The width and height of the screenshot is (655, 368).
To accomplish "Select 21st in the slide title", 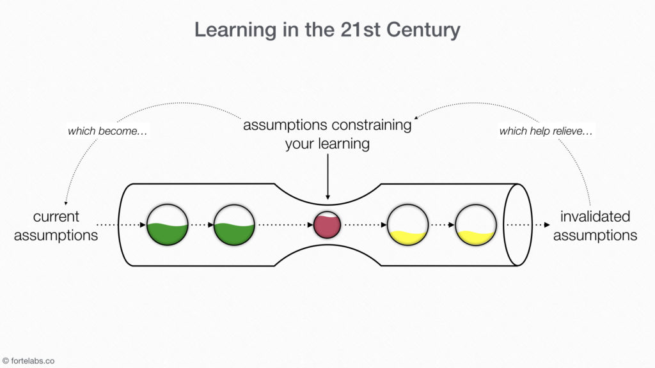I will coord(358,30).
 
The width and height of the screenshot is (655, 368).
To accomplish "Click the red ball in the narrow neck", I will coord(327,225).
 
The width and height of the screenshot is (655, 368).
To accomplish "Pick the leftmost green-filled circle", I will coord(167,225).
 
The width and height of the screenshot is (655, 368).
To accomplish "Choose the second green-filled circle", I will coord(234,225).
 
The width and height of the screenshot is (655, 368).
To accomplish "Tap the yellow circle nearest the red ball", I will coord(407,225).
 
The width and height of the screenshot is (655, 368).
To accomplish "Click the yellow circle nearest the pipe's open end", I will coord(475,225).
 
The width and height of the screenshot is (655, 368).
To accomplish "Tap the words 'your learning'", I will coord(327,143).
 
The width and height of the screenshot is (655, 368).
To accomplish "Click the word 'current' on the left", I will coord(56,216).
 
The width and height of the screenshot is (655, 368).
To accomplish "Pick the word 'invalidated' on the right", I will coord(595,216).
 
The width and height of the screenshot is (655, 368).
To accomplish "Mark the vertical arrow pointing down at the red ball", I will coord(327,176).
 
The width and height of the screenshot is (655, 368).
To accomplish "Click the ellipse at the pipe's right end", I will coord(517,224).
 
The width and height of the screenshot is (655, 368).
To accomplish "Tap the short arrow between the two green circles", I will coord(201,225).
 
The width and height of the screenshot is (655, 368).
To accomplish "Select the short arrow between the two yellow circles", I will coord(441,225).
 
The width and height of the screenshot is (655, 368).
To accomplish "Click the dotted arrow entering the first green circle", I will coord(122,225).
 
